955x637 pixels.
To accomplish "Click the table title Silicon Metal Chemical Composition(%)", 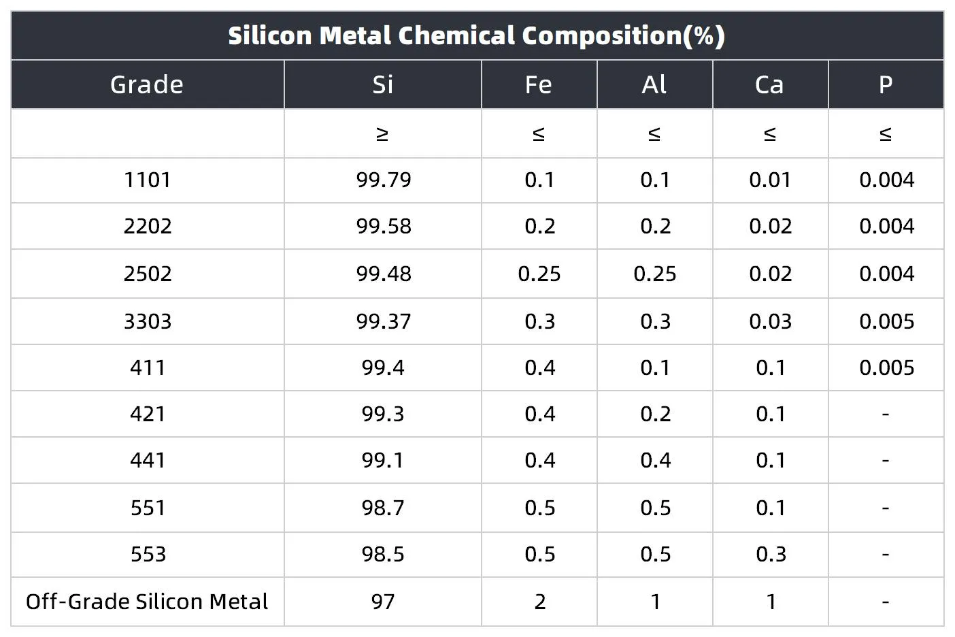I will point(476,35).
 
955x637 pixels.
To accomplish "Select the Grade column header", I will point(147,84).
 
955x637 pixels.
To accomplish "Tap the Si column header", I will point(383,84).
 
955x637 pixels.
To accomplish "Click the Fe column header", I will point(539,84).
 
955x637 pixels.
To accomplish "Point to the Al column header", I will point(654,84).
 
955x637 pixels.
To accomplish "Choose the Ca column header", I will point(770,84).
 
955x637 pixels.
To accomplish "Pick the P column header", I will point(886,84).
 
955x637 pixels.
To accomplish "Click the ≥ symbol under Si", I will point(383,134).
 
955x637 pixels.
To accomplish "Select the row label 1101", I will point(148,180).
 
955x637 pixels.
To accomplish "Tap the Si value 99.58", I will point(384,226).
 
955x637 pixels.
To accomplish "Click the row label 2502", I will point(148,274).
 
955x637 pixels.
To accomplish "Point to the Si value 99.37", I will point(384,321).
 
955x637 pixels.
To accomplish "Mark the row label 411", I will point(148,367).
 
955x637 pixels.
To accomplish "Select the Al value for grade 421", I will point(655,414).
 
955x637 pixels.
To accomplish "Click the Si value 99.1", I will point(383,460).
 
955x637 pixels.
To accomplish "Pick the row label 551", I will point(148,508).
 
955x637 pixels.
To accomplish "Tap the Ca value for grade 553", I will point(771,554).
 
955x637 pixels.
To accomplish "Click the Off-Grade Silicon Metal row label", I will point(147,602).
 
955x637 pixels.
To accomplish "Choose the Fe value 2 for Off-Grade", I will point(539,602).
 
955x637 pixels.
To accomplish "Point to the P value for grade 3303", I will point(886,321).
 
